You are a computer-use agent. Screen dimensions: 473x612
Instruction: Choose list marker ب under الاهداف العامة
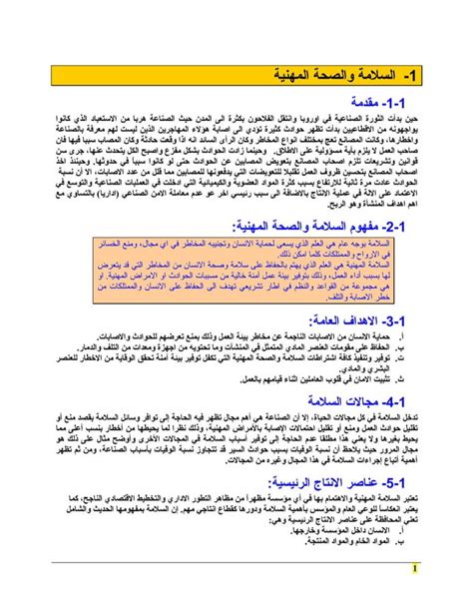point(401,376)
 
